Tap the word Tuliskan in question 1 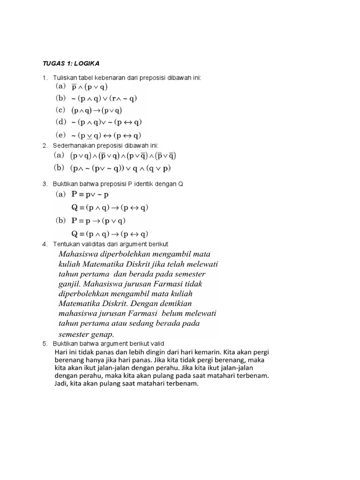[67, 78]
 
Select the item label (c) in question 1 [61, 111]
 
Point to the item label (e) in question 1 [61, 135]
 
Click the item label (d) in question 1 [61, 123]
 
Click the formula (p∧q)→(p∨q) [97, 111]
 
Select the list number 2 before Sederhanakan [45, 146]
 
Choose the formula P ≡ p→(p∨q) [98, 221]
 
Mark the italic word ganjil [69, 284]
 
